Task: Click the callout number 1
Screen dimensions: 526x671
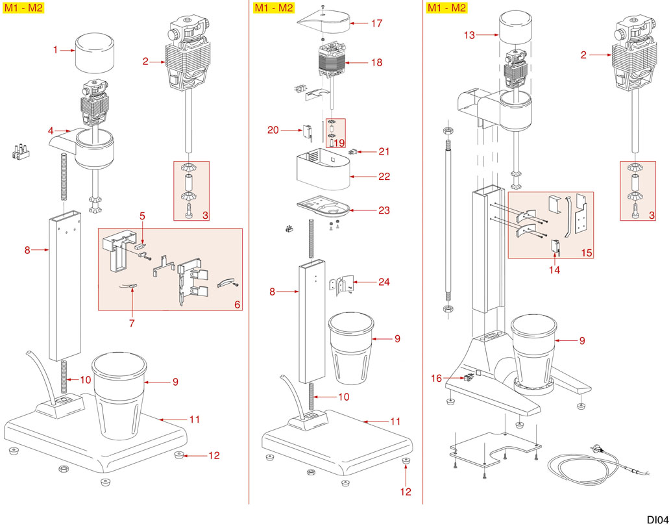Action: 56,49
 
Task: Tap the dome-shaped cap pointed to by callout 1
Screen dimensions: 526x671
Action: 95,54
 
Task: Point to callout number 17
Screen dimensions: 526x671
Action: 377,23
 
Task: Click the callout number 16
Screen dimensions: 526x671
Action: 436,377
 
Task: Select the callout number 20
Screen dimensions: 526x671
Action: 274,131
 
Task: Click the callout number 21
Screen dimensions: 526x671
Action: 384,151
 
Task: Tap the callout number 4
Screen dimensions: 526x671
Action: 50,131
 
